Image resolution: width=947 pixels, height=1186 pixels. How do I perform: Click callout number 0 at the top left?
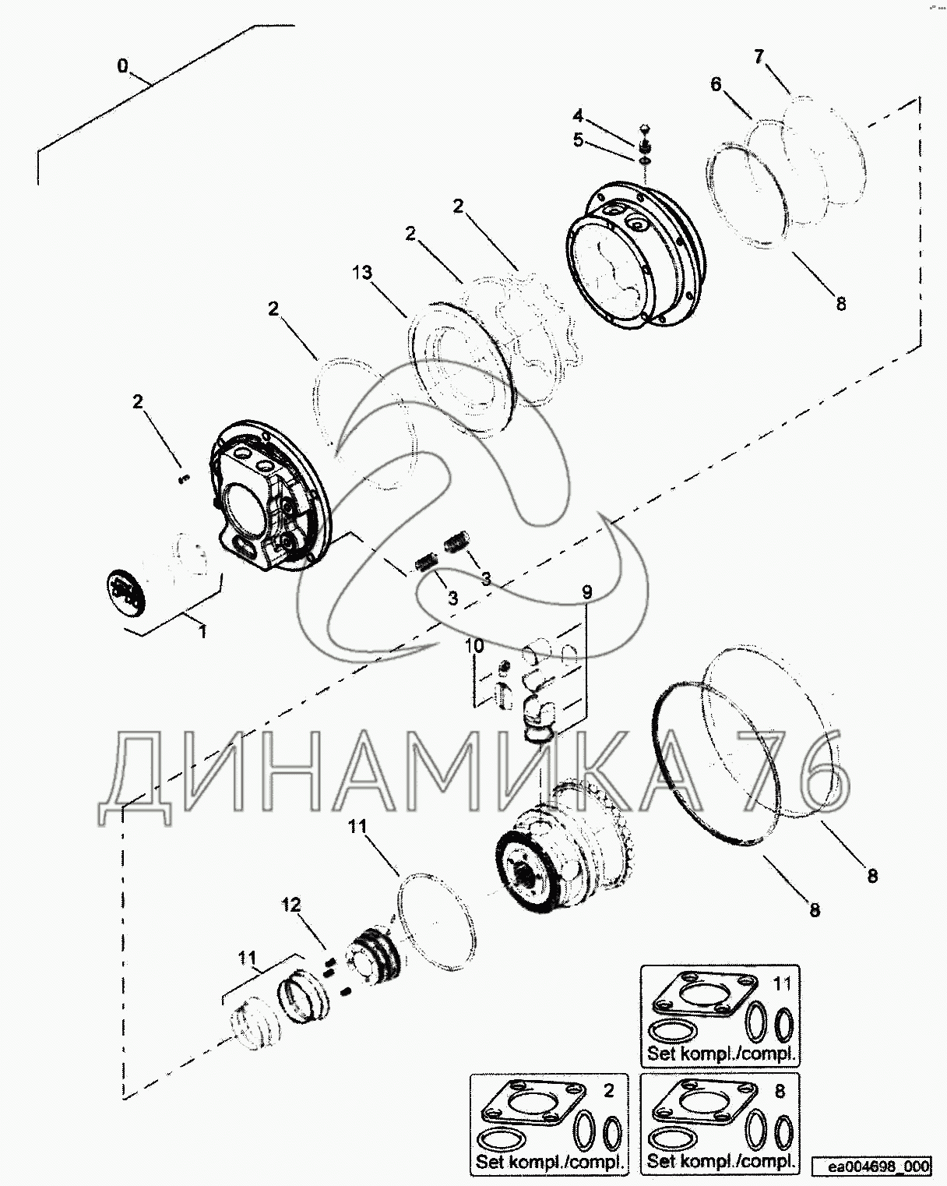tap(122, 66)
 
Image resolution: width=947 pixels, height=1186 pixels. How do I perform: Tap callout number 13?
tap(362, 272)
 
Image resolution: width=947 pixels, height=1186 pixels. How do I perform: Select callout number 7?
tap(759, 56)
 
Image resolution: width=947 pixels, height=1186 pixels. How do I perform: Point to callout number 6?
tap(716, 84)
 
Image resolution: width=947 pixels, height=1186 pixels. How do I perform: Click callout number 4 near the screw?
tap(577, 116)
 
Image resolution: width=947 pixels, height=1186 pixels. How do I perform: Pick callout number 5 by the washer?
tap(578, 140)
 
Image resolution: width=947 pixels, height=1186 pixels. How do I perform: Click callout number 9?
tap(587, 592)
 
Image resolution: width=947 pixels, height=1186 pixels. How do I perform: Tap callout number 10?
tap(474, 645)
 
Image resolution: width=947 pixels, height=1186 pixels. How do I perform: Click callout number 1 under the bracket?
tap(202, 632)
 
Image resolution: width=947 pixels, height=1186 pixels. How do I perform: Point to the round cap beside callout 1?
tap(125, 593)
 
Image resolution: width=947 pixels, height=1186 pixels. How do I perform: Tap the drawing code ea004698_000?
tap(871, 1167)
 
